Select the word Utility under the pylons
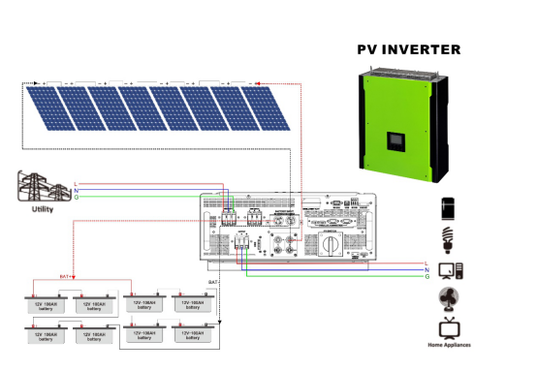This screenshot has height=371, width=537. coord(43,208)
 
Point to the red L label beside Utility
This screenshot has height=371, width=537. coord(77,182)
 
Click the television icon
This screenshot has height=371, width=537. coord(448,327)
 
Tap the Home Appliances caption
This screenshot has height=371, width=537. coord(448,346)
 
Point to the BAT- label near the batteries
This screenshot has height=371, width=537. coord(214,282)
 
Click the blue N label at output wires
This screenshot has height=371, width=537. coord(426,268)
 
